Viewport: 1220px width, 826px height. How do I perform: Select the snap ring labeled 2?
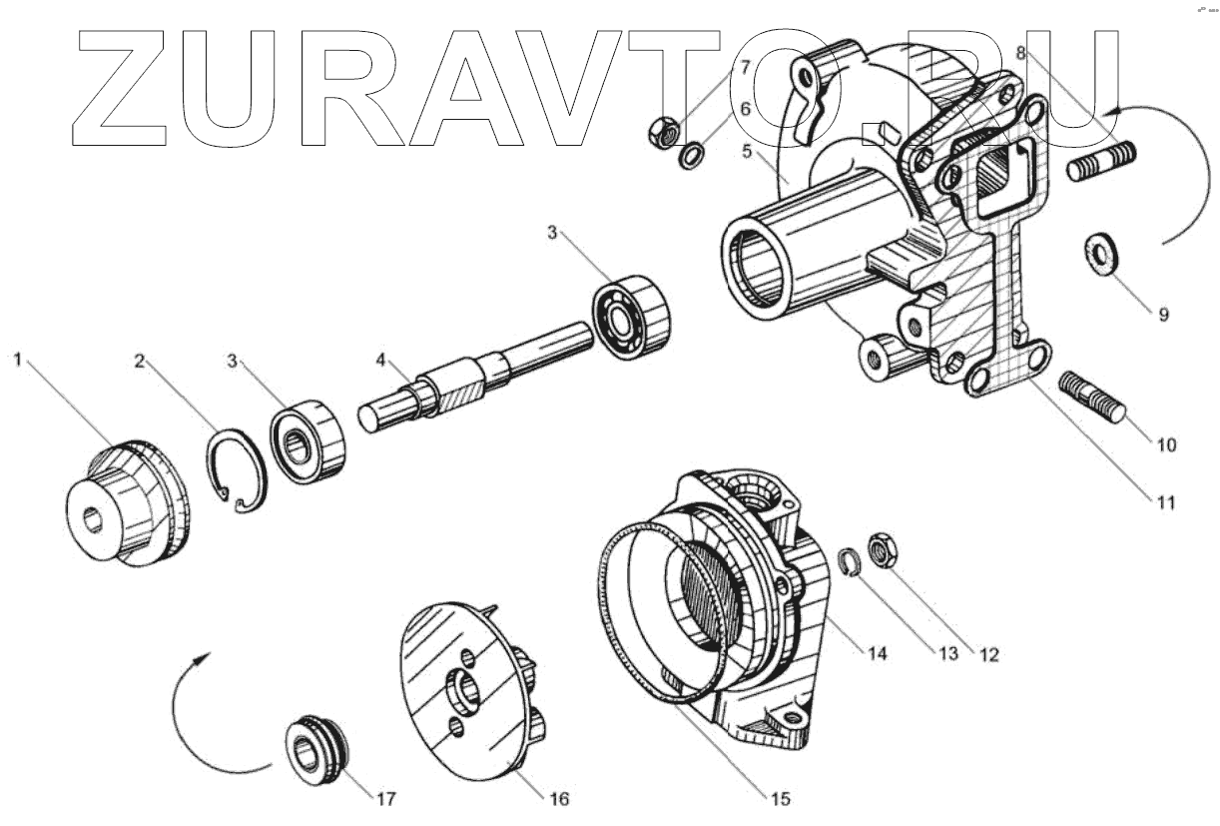tap(237, 470)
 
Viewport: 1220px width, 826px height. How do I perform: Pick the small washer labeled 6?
tap(690, 156)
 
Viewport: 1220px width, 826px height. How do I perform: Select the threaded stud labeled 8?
tap(1101, 164)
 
